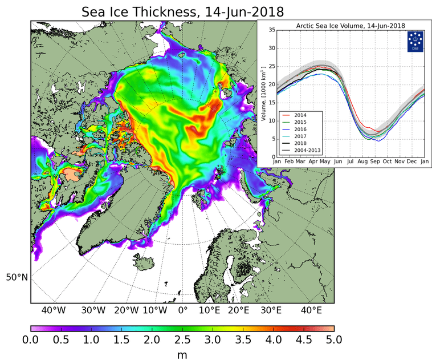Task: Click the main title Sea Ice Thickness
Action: pos(182,11)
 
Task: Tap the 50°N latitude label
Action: pos(17,277)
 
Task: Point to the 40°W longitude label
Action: pos(53,311)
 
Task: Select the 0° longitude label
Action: pos(182,311)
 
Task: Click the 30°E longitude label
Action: pos(270,311)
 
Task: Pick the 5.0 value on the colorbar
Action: pos(334,340)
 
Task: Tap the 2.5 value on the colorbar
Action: pos(182,340)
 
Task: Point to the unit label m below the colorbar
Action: pos(182,355)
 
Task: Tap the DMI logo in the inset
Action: pos(415,41)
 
